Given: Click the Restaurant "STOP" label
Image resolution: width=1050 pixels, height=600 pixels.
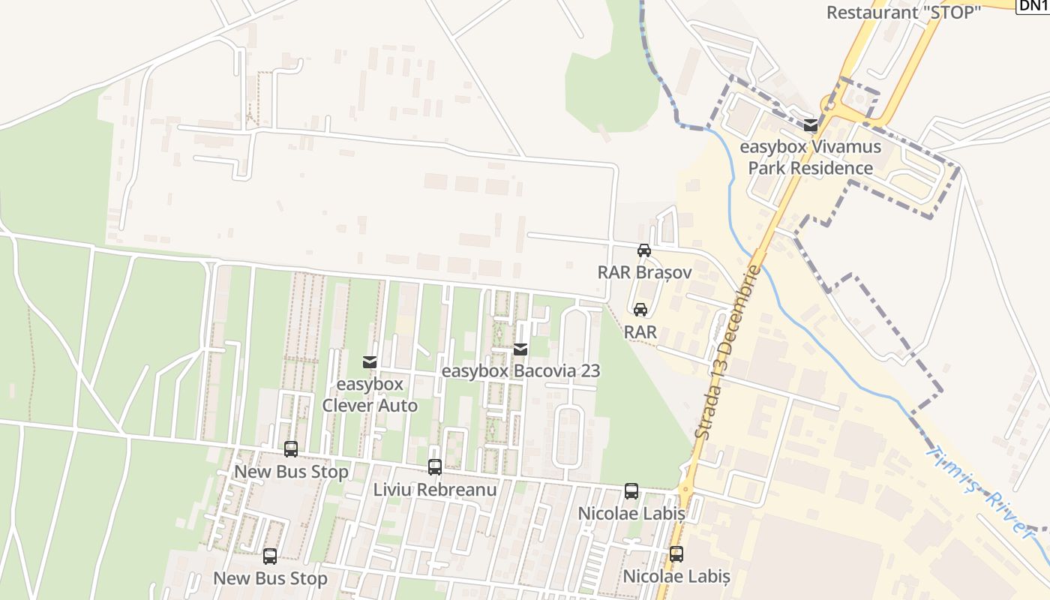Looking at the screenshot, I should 903,12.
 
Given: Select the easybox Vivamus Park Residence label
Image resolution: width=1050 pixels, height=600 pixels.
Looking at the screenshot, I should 810,157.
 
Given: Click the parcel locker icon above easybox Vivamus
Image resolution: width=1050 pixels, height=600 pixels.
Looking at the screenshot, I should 810,125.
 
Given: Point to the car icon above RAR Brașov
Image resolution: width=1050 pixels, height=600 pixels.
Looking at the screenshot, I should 643,250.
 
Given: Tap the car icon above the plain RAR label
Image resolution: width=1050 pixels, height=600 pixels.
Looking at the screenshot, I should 640,309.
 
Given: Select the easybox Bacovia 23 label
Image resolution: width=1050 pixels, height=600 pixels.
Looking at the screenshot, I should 520,370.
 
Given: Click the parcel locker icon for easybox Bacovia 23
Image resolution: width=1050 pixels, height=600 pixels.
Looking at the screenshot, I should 520,349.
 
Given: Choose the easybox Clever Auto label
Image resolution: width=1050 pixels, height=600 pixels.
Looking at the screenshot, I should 370,394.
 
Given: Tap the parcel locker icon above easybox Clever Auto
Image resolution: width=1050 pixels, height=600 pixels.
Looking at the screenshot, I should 369,362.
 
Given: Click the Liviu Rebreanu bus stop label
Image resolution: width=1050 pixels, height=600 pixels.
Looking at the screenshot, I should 435,490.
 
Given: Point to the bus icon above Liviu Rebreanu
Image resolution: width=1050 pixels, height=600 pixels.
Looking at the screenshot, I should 435,467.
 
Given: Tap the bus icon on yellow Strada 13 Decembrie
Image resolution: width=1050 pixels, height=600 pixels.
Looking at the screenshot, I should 676,554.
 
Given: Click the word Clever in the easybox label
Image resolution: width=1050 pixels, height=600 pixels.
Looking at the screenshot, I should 352,406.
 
